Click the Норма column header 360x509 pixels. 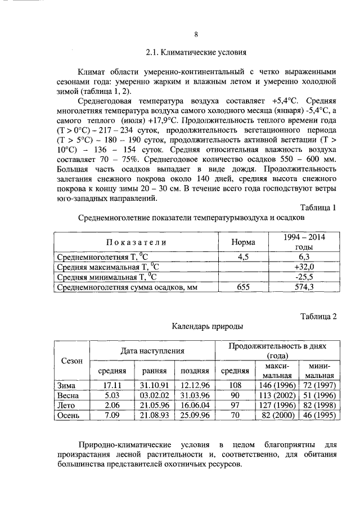[x=244, y=242]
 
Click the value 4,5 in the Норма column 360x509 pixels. [x=244, y=257]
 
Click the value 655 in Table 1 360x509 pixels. [x=244, y=287]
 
